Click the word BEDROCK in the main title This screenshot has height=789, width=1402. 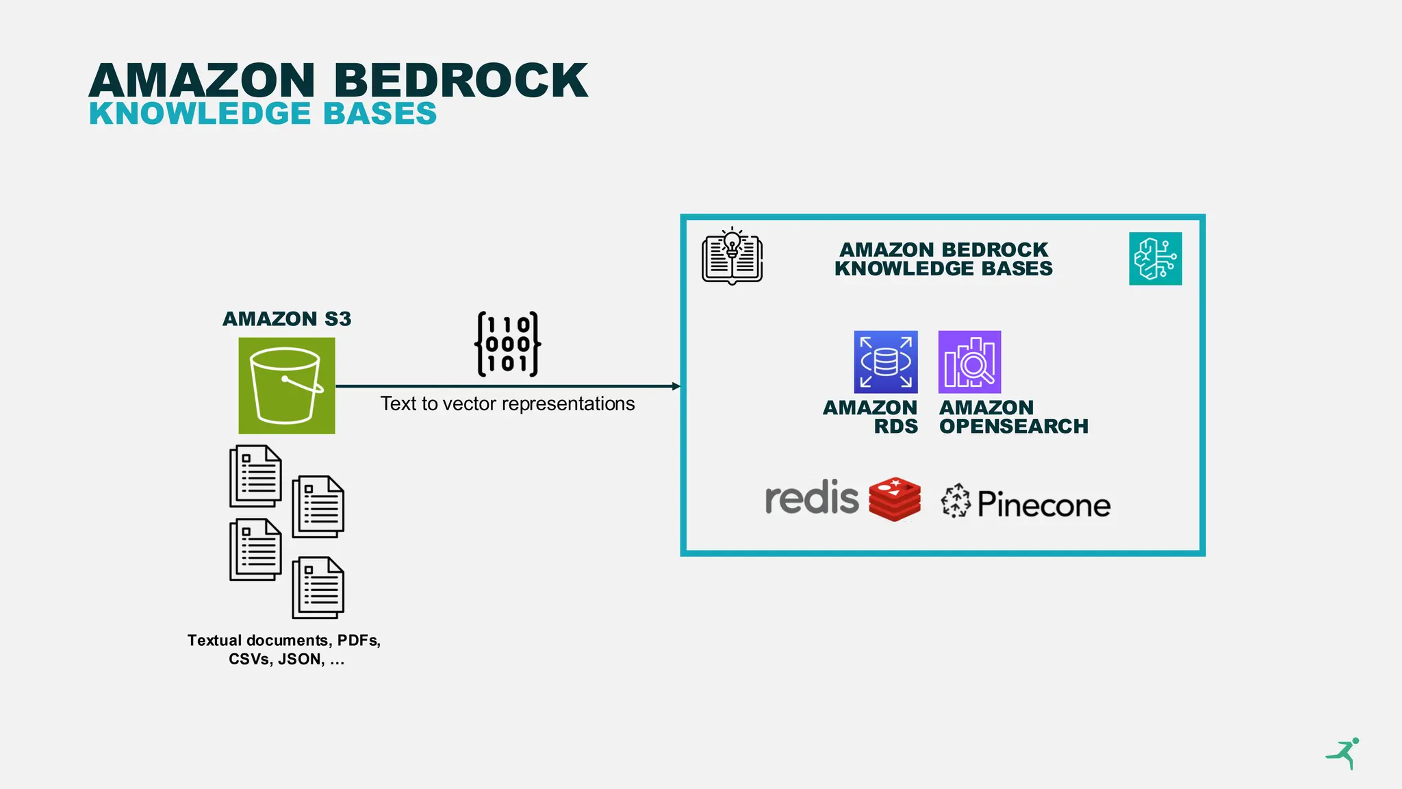click(460, 81)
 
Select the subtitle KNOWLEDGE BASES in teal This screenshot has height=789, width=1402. click(263, 114)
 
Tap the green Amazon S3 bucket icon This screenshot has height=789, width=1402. click(286, 386)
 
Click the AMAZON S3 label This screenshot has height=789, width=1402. click(286, 319)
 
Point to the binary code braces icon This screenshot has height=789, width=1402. click(507, 345)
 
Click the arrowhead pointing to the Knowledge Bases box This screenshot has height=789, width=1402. click(676, 386)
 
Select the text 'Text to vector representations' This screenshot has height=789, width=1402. click(507, 404)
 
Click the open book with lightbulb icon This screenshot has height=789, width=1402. click(732, 256)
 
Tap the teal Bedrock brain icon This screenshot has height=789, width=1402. click(1155, 259)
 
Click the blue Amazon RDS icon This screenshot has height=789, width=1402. click(885, 362)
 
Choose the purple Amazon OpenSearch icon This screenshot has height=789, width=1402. click(969, 362)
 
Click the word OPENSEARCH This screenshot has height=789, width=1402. click(1013, 427)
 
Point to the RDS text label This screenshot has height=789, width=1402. click(895, 427)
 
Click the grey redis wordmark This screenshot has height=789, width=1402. click(811, 498)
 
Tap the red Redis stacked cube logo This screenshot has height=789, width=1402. click(895, 499)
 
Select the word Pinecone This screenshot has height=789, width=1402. click(1043, 505)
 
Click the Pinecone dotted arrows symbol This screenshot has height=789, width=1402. click(956, 501)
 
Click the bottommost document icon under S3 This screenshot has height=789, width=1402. click(318, 588)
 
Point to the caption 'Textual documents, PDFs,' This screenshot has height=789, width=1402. click(283, 640)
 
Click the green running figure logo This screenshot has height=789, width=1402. click(1344, 753)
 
